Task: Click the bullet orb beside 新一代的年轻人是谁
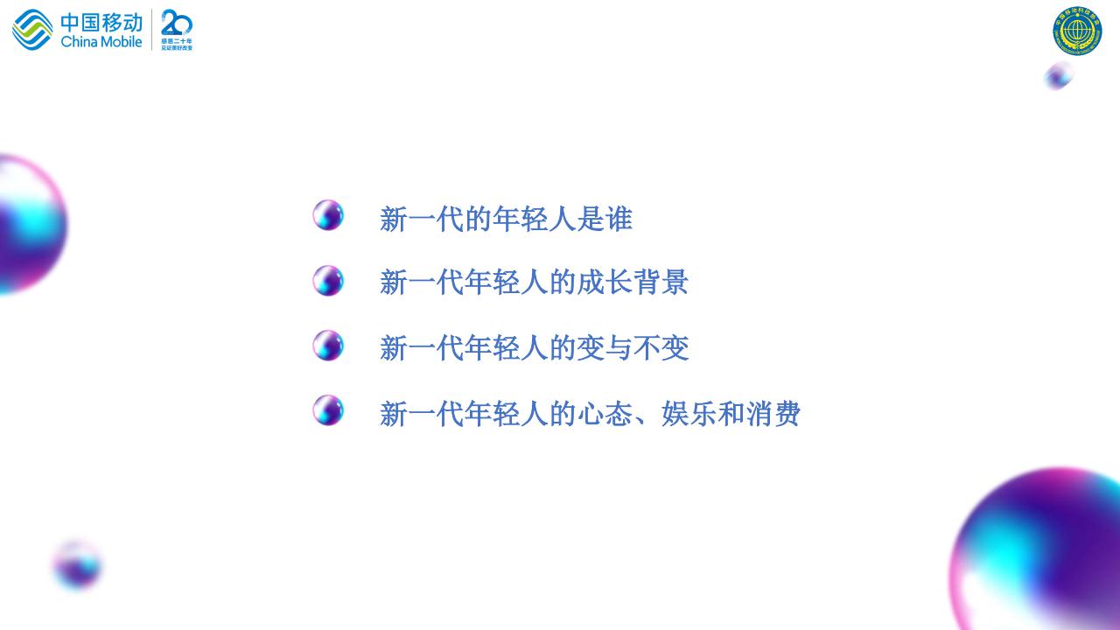(328, 215)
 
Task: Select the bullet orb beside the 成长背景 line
(328, 281)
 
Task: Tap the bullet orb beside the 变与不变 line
(328, 346)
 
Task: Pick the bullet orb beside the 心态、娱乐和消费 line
(328, 410)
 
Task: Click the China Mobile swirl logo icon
(32, 30)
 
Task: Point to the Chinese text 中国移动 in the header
(101, 21)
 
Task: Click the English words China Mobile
(101, 41)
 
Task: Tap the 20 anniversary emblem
(177, 30)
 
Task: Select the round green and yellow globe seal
(1077, 31)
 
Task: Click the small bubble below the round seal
(1059, 76)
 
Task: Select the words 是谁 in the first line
(605, 219)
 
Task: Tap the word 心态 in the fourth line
(605, 414)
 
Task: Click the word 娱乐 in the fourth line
(689, 414)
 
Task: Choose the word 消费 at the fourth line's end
(773, 414)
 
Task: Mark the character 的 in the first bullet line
(478, 219)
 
